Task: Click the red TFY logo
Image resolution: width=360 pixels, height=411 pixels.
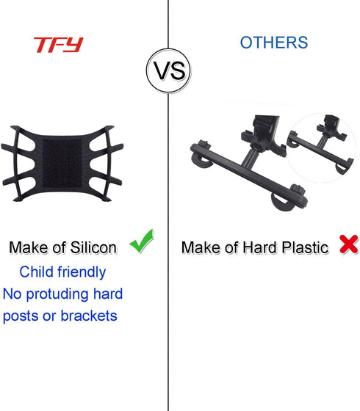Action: pyautogui.click(x=58, y=45)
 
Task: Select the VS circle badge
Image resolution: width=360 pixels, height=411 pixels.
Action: pyautogui.click(x=169, y=70)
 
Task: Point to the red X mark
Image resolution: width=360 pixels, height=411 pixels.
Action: pyautogui.click(x=348, y=245)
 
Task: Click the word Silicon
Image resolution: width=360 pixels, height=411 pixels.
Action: pyautogui.click(x=93, y=247)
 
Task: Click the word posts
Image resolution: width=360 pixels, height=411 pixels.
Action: pyautogui.click(x=22, y=316)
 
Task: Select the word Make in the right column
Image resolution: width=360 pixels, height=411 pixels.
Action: pyautogui.click(x=201, y=247)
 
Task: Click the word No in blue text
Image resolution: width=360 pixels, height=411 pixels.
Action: pyautogui.click(x=14, y=294)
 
